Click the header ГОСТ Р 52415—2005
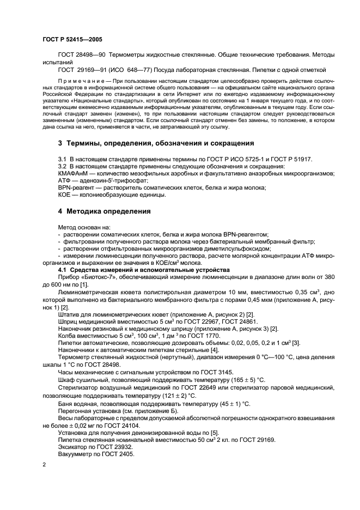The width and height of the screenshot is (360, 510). (x=72, y=40)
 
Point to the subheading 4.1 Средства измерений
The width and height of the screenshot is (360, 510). (x=136, y=270)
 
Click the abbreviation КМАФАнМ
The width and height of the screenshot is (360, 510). (x=59, y=173)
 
